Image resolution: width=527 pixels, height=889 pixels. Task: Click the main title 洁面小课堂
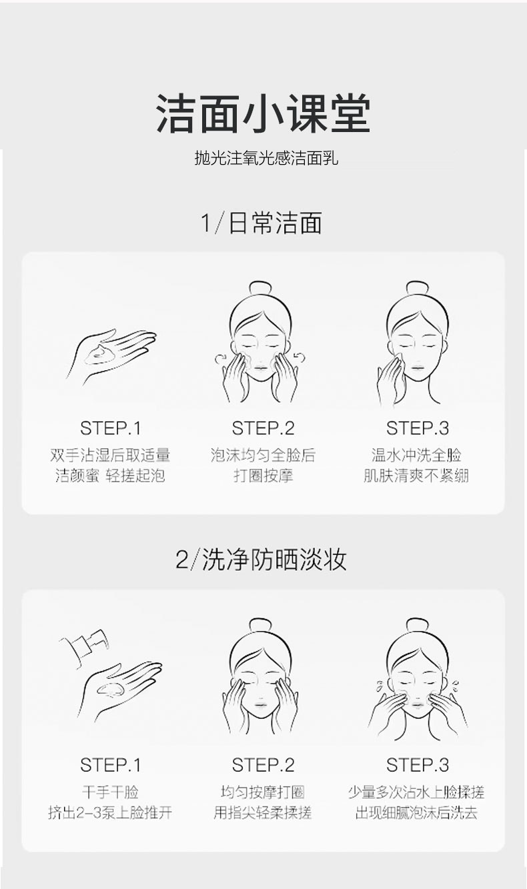263,114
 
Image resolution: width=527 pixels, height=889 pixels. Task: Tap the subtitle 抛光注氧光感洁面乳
267,157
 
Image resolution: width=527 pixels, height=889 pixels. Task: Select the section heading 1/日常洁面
261,223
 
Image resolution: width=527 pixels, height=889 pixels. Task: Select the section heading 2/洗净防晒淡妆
261,560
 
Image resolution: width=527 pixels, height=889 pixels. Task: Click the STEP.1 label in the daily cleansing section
110,428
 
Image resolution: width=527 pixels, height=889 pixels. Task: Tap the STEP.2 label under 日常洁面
263,428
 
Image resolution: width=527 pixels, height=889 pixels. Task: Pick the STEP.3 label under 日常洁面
418,428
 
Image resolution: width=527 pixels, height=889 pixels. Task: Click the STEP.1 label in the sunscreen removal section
110,765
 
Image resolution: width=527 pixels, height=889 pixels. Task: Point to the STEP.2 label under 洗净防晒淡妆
263,765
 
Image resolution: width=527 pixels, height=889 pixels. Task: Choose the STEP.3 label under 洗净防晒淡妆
418,765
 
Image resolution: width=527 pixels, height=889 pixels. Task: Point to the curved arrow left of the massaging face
222,357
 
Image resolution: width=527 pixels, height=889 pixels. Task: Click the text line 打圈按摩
263,476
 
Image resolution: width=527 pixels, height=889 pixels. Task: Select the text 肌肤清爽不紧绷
416,476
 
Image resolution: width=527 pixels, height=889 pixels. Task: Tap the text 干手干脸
110,792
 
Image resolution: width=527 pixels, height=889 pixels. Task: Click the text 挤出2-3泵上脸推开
110,812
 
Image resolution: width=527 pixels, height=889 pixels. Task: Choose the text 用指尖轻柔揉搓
263,812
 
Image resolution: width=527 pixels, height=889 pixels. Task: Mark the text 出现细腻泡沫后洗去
416,812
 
